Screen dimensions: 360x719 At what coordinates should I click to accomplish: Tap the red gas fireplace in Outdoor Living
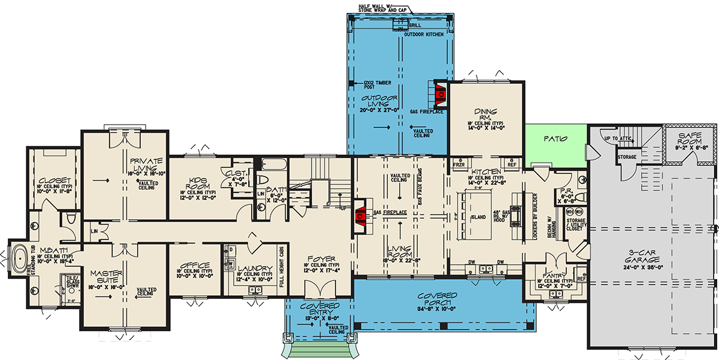click(439, 92)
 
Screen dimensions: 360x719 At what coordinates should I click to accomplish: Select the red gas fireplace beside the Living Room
click(361, 214)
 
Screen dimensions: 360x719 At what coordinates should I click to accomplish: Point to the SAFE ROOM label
click(694, 137)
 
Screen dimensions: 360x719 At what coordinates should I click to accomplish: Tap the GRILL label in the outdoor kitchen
click(415, 26)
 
